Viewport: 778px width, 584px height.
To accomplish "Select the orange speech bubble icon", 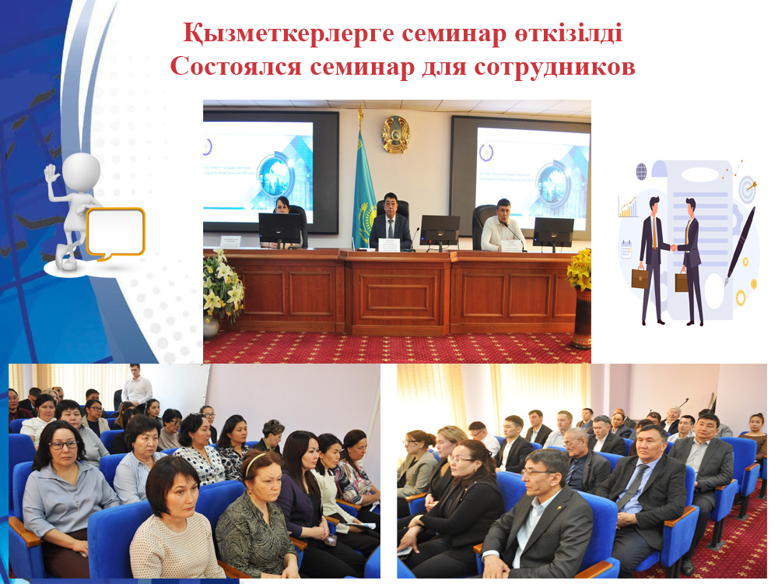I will [x=115, y=232].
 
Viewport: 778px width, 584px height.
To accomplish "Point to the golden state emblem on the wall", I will [x=395, y=134].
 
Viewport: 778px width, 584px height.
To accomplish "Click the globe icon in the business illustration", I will [x=641, y=171].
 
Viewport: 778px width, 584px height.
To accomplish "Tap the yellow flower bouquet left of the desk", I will [x=222, y=284].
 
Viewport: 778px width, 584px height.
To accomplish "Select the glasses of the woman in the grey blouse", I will [x=65, y=445].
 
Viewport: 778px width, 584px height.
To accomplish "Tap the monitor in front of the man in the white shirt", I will [x=553, y=231].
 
